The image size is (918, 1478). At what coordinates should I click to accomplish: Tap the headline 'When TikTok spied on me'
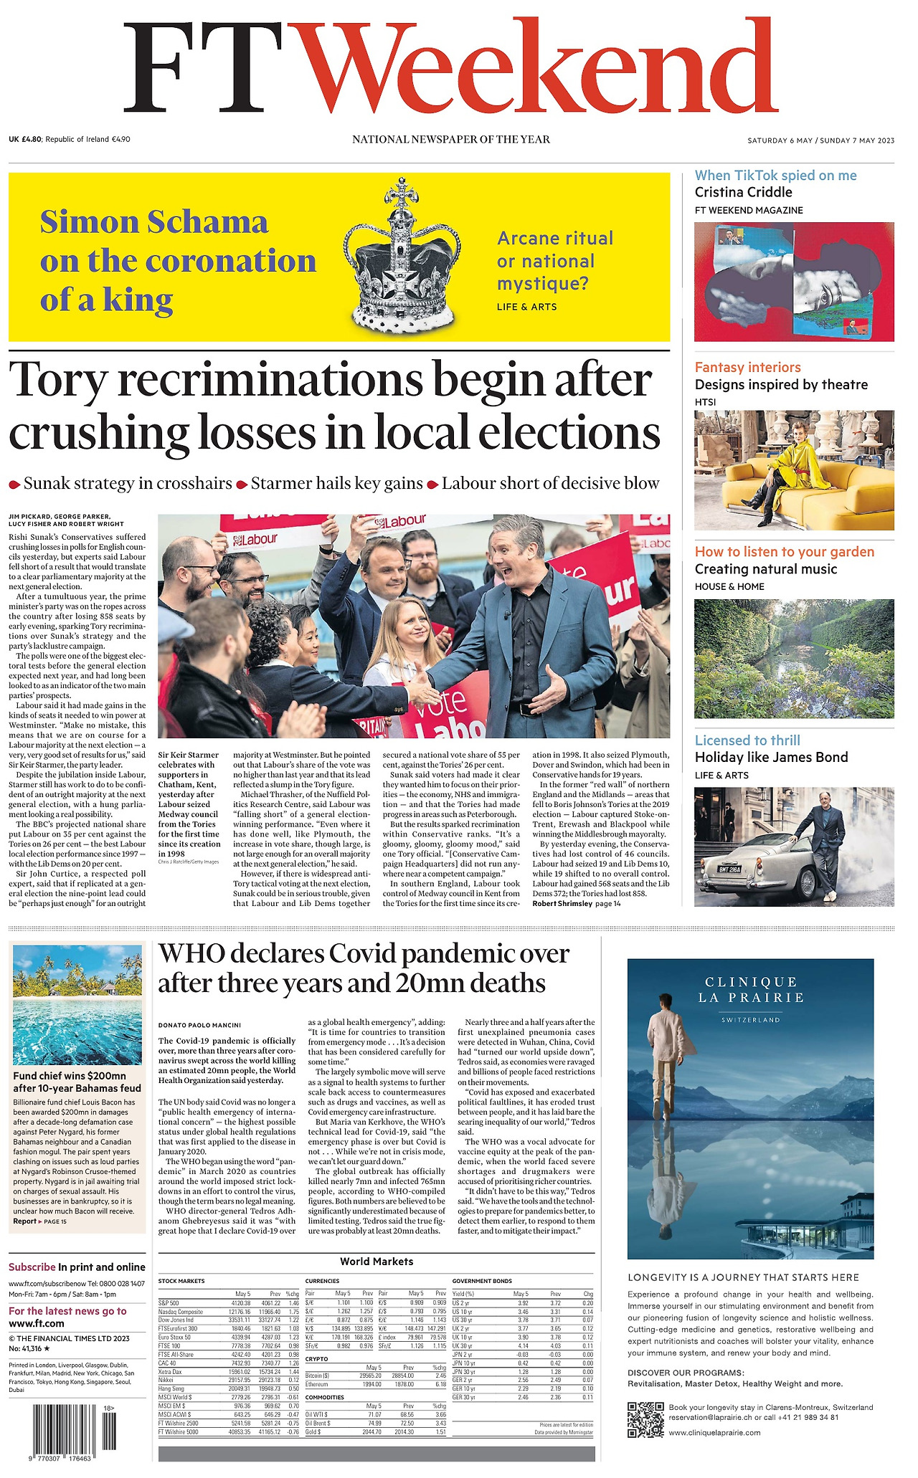tap(775, 176)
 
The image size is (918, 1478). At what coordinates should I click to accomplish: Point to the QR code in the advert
tap(643, 1419)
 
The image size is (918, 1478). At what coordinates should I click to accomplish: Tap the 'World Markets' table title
tap(377, 1261)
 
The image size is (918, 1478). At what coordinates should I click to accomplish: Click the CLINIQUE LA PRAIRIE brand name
tap(750, 989)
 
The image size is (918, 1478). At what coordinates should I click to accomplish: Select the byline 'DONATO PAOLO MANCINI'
tap(199, 1025)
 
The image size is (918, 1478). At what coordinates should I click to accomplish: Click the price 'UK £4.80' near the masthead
tap(26, 139)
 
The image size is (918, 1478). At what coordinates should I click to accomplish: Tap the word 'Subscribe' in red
tap(32, 1267)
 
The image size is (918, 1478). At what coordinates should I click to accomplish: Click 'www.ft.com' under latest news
tap(37, 1323)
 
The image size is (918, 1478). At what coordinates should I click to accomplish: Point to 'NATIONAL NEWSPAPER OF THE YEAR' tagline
tap(451, 139)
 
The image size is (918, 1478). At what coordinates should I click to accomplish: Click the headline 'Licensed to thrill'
tap(747, 740)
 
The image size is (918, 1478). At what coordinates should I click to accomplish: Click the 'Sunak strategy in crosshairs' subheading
tap(128, 484)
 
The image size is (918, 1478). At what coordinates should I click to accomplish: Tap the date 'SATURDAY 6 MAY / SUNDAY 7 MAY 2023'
tap(820, 140)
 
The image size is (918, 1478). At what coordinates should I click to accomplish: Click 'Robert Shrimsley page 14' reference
tap(576, 904)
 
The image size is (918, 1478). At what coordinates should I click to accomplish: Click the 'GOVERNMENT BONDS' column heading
tap(482, 1281)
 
